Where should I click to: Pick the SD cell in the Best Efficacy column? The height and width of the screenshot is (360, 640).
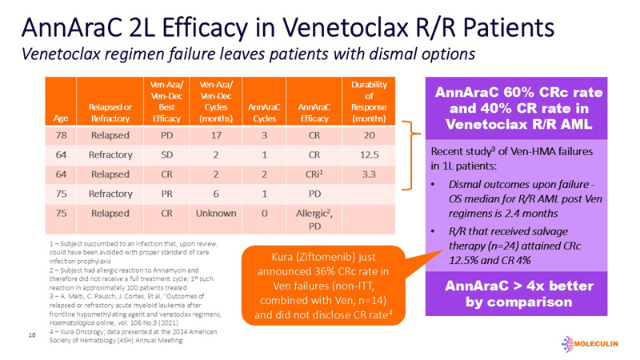click(x=163, y=155)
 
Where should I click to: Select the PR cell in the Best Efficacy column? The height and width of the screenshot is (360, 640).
click(x=163, y=194)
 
